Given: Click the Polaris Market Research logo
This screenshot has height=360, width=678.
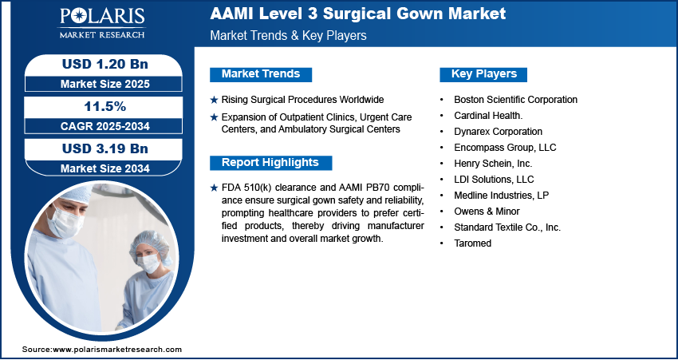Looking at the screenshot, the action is tap(102, 23).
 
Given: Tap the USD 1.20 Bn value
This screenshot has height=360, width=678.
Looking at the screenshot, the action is tap(105, 64).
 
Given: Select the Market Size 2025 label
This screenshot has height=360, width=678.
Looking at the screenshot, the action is tap(105, 84).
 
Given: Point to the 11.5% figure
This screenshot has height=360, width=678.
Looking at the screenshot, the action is tap(104, 106).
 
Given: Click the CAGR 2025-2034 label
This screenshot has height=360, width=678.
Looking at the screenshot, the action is tap(105, 126).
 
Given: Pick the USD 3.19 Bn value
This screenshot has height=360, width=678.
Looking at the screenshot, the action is tap(105, 148).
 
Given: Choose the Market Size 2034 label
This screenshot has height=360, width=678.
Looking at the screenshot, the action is tap(105, 168).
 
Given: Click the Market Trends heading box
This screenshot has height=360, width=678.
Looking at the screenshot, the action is tap(261, 74).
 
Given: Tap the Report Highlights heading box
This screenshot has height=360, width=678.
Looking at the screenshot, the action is tap(270, 163).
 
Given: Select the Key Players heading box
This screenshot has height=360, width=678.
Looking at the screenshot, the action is tap(483, 74).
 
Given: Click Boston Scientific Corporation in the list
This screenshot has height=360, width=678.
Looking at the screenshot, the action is tap(515, 100).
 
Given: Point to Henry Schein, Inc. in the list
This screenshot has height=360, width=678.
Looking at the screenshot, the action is tap(493, 164).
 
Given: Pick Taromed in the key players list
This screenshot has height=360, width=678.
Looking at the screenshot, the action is tap(473, 243).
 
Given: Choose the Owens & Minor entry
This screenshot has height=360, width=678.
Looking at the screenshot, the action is tap(487, 212).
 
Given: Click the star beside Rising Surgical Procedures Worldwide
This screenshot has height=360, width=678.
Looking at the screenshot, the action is tap(214, 100).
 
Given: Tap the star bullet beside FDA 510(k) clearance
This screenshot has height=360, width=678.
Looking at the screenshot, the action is tap(214, 188).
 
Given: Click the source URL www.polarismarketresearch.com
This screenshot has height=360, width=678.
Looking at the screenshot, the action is tap(117, 349).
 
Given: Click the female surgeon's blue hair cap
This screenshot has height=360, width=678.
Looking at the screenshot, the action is tap(150, 243).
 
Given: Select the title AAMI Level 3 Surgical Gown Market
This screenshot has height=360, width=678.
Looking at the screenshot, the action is tap(357, 14).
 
